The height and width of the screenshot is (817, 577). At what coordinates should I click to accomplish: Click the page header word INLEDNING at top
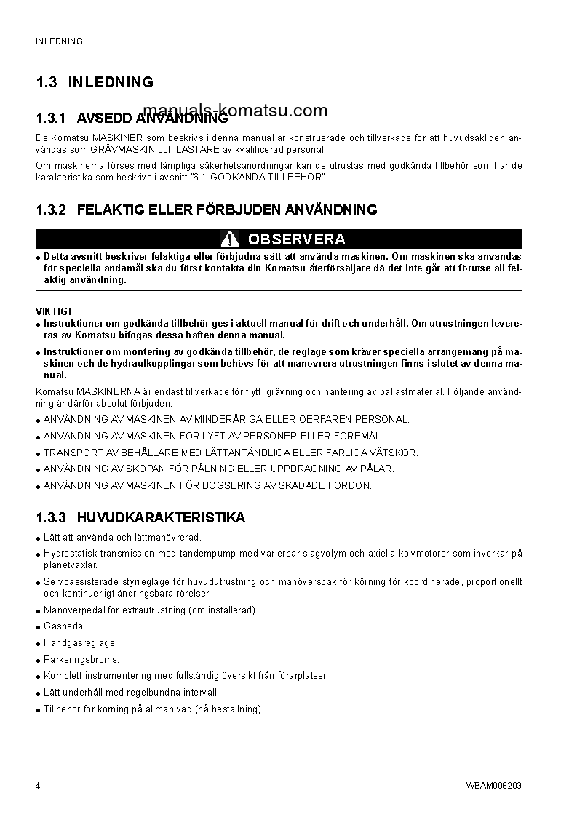(60, 41)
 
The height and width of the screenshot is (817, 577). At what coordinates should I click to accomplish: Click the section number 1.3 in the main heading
(46, 82)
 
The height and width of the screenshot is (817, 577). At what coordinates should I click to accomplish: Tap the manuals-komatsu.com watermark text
(241, 111)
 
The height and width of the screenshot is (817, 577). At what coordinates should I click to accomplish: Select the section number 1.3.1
(51, 118)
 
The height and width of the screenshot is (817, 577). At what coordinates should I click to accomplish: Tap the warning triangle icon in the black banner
(231, 239)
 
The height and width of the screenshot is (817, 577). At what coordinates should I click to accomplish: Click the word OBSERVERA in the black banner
(296, 239)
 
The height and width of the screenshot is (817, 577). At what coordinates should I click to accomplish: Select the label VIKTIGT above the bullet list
(54, 311)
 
